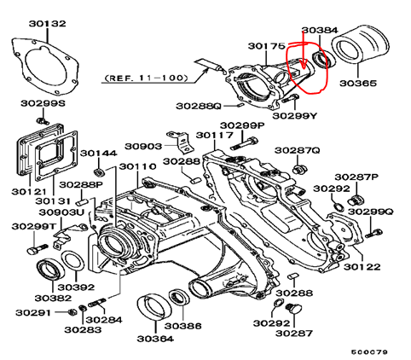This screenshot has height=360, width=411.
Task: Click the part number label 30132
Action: (x=47, y=23)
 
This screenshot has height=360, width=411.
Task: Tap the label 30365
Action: (x=358, y=83)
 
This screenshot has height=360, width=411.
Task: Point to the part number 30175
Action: (x=266, y=46)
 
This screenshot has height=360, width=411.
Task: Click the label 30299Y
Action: (x=295, y=116)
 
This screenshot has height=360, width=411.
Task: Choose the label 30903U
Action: (x=61, y=212)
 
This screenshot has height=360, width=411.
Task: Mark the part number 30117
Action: (x=215, y=135)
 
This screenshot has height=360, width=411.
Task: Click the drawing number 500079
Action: (x=369, y=352)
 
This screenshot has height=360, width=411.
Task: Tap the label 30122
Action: (x=362, y=267)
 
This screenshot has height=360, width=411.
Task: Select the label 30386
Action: (x=182, y=326)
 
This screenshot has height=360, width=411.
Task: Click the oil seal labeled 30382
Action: (x=51, y=269)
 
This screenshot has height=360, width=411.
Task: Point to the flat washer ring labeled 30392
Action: (x=72, y=261)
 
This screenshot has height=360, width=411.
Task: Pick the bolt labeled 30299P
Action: (x=245, y=143)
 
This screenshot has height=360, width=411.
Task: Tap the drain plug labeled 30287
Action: (x=294, y=309)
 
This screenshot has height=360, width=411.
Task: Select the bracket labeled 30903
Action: (x=181, y=142)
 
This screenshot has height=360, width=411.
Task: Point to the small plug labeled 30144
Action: (x=99, y=172)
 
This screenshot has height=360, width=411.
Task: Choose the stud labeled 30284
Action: (x=97, y=302)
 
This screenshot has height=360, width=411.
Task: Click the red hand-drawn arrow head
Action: (x=304, y=65)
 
